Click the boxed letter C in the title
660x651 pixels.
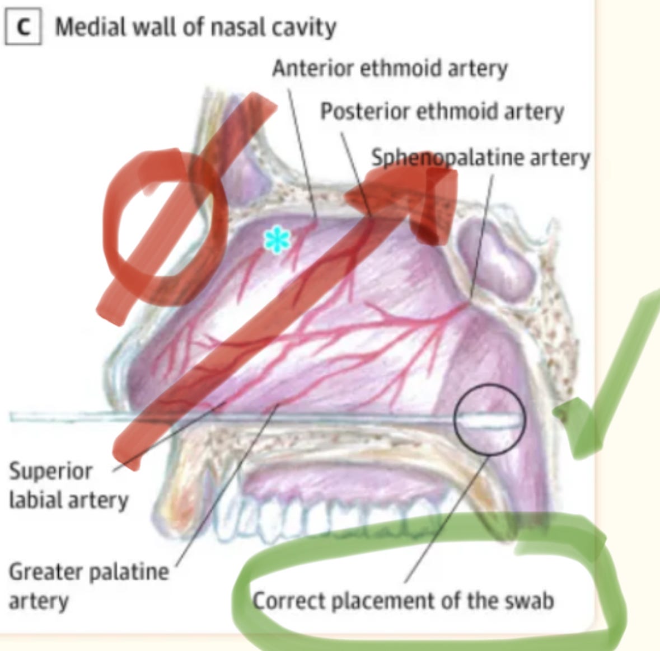pyautogui.click(x=23, y=27)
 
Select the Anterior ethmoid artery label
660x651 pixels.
pyautogui.click(x=390, y=68)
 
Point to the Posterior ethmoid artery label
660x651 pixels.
pyautogui.click(x=442, y=111)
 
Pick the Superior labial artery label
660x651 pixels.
pyautogui.click(x=68, y=485)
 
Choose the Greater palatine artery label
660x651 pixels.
pyautogui.click(x=88, y=586)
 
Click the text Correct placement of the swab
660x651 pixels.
pyautogui.click(x=403, y=601)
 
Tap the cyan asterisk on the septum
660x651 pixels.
pyautogui.click(x=277, y=241)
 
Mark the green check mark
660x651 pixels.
pyautogui.click(x=605, y=380)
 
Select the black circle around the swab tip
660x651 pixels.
pyautogui.click(x=489, y=420)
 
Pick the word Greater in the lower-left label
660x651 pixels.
pyautogui.click(x=45, y=572)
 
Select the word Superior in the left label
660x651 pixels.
pyautogui.click(x=50, y=471)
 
